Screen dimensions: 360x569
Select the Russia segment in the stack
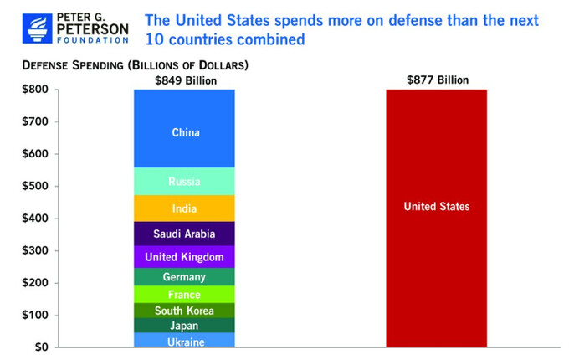coord(185,181)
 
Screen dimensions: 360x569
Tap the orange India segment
coord(185,208)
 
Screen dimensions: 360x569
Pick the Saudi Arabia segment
coord(185,234)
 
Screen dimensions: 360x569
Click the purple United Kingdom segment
coord(185,257)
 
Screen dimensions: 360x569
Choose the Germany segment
coord(185,277)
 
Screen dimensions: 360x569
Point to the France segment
coord(185,295)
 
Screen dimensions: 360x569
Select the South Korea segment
coord(185,311)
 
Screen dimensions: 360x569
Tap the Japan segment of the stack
coord(185,326)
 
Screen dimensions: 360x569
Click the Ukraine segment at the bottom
coord(185,340)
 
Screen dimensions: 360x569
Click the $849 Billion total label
coord(185,80)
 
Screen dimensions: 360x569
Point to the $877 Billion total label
coord(437,80)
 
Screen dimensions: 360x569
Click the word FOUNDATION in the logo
coord(93,40)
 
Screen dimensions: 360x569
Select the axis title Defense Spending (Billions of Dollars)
coord(135,64)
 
